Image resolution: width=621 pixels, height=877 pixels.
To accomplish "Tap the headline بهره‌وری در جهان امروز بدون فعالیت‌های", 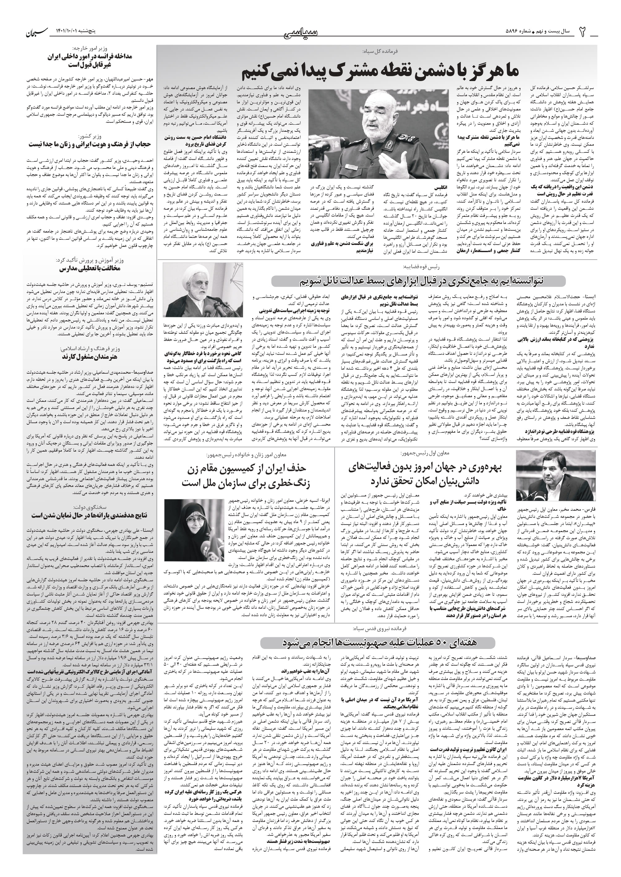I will (x=425, y=467).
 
